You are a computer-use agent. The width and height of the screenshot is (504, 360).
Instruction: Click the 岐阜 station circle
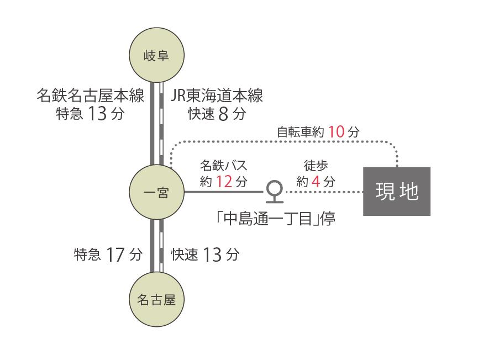click(156, 55)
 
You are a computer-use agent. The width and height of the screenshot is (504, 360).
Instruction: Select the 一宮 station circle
click(156, 192)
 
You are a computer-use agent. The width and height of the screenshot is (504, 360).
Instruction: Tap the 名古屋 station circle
click(156, 299)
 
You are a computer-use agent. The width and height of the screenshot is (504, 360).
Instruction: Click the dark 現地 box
click(397, 192)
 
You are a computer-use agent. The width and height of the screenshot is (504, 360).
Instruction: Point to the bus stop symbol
click(275, 192)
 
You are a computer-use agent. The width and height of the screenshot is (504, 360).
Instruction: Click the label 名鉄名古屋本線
click(90, 96)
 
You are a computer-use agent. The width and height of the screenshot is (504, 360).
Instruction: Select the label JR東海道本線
click(216, 96)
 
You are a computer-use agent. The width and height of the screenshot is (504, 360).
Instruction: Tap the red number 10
click(336, 131)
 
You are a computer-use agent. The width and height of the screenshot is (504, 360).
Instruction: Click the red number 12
click(224, 182)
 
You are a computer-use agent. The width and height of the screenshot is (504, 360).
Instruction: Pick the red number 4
click(316, 182)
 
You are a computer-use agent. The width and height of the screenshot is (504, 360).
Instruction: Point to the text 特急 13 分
click(90, 113)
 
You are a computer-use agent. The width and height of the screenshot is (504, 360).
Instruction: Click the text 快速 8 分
click(217, 113)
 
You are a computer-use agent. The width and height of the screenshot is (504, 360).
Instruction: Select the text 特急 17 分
click(108, 255)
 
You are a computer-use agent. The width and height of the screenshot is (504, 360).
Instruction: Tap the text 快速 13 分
click(205, 255)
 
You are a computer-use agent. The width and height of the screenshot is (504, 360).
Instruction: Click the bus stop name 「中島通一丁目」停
click(276, 219)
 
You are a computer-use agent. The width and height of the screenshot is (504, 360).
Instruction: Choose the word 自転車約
click(301, 132)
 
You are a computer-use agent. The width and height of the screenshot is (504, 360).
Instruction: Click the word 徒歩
click(316, 166)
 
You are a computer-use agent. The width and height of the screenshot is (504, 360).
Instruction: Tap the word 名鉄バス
click(224, 166)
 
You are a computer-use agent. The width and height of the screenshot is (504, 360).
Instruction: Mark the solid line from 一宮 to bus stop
click(224, 192)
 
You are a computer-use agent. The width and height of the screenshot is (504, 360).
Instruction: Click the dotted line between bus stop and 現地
click(324, 192)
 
